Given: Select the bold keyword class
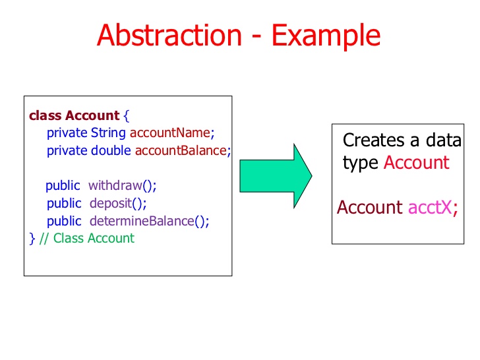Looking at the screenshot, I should (45, 115).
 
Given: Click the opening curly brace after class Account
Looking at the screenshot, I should (127, 115).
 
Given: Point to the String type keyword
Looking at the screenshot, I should (109, 133).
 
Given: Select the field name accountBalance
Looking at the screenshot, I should (181, 150).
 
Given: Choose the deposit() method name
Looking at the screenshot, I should (118, 203).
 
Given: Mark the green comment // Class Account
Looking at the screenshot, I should (86, 238).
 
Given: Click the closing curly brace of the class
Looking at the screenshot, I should (32, 238).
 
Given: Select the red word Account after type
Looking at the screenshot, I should (416, 162).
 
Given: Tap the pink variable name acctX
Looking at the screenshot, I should (430, 207).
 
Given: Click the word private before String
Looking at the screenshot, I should (67, 133).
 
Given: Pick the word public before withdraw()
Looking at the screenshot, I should (63, 185).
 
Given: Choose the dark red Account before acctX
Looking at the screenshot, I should (369, 207).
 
